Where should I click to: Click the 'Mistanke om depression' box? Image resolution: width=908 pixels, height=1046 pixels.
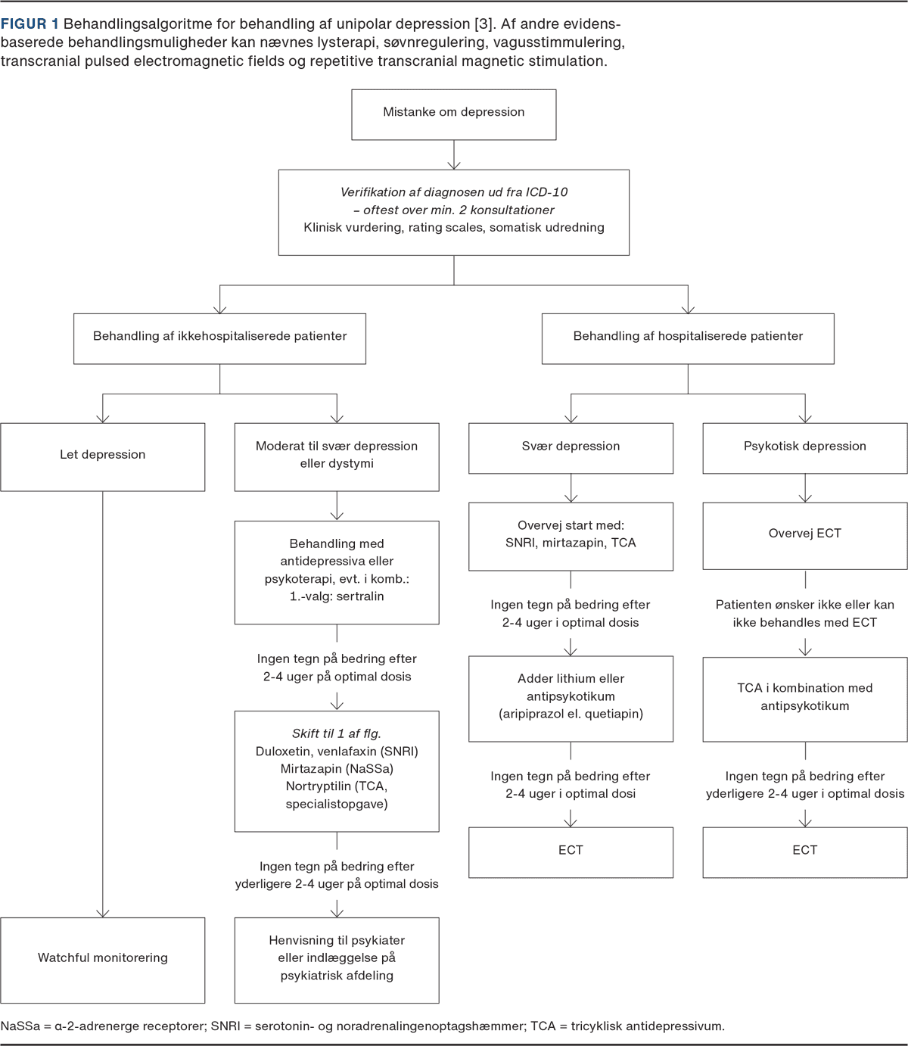[x=454, y=114]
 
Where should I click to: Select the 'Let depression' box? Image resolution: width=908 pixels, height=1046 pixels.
[x=103, y=456]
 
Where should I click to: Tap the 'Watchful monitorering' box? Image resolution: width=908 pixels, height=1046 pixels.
[x=103, y=959]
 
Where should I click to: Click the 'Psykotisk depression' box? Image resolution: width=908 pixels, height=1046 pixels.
[x=804, y=447]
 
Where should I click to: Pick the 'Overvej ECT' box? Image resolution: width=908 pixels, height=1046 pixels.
[x=804, y=534]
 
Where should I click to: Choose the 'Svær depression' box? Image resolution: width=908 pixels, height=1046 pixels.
[x=571, y=447]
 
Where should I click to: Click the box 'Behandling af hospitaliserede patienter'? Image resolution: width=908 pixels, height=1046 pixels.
[x=688, y=338]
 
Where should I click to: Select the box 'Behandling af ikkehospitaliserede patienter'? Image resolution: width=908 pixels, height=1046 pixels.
[x=220, y=338]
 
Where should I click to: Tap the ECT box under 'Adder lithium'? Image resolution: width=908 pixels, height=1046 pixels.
[x=571, y=851]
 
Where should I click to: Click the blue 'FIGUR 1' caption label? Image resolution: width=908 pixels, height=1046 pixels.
[x=30, y=25]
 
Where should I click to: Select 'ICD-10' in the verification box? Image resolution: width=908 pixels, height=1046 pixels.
[x=548, y=192]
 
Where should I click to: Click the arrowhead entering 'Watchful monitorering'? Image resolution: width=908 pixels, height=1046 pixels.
[x=103, y=912]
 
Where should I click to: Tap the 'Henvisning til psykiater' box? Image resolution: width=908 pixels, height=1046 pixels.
[x=337, y=959]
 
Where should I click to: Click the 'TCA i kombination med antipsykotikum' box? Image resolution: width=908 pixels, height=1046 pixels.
[x=804, y=698]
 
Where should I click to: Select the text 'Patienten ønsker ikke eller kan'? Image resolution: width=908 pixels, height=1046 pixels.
[x=804, y=605]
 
